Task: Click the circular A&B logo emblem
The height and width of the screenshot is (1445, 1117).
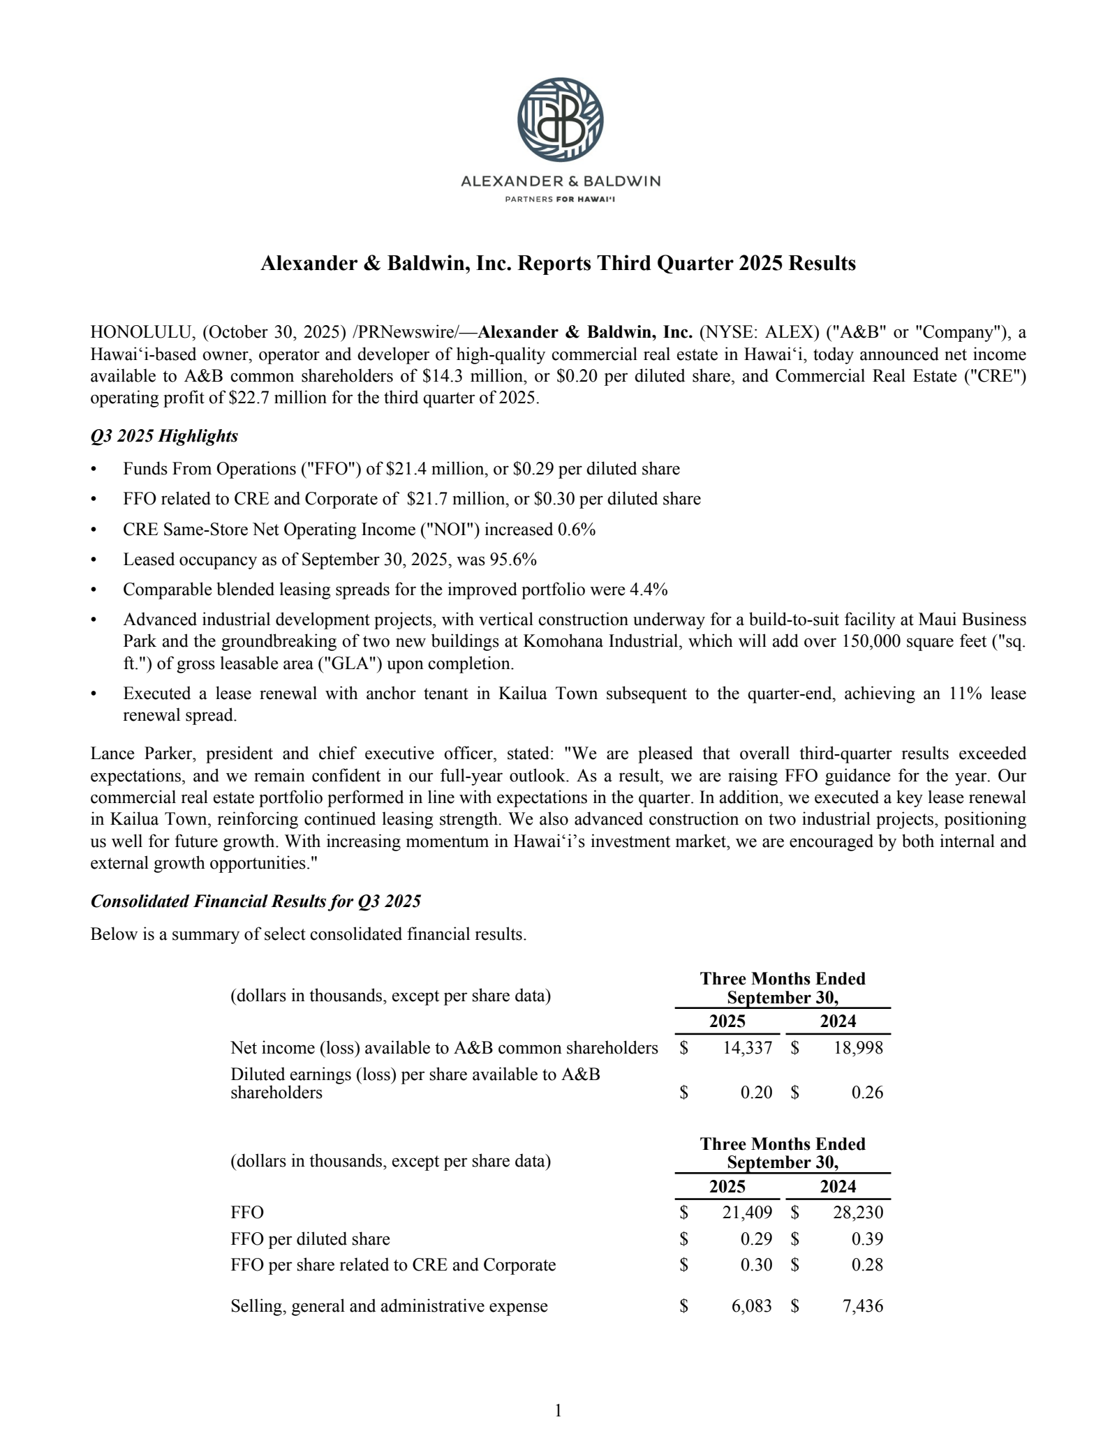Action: click(x=560, y=120)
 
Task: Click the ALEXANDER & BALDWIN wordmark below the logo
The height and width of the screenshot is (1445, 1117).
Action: click(x=560, y=182)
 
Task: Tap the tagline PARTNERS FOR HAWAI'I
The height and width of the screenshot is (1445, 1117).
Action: click(x=560, y=198)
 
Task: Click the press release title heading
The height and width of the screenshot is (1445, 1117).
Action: click(x=558, y=263)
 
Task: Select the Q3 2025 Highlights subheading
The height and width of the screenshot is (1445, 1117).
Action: click(x=164, y=436)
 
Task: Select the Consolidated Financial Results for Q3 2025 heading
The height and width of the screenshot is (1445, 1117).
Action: click(x=256, y=901)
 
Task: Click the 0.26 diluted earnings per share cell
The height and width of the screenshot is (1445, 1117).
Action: click(x=867, y=1093)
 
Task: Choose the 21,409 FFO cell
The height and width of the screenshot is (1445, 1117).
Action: click(x=747, y=1213)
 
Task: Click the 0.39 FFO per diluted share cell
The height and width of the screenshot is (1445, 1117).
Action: click(x=867, y=1239)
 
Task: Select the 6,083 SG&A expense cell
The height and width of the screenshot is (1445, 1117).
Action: click(x=751, y=1306)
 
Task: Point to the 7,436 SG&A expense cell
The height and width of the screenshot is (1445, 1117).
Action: click(x=862, y=1306)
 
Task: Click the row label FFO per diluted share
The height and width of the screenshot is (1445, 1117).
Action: click(x=310, y=1239)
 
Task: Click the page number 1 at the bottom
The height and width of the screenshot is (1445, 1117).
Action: click(x=558, y=1411)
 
